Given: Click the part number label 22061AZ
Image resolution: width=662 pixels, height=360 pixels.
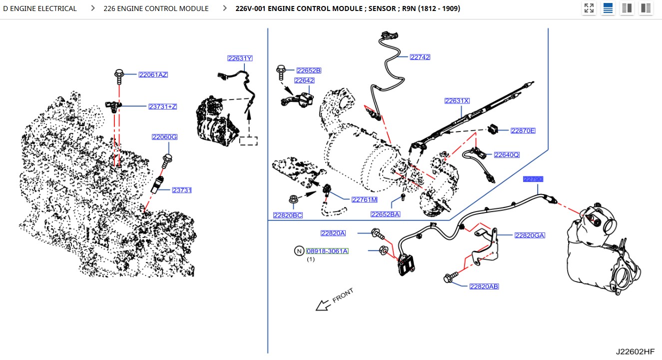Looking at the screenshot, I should (x=153, y=75).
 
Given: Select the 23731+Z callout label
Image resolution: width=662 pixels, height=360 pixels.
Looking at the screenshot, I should (x=162, y=106).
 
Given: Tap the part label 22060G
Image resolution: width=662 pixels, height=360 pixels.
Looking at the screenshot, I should (x=164, y=137).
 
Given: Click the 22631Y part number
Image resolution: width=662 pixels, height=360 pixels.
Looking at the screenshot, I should (x=240, y=58).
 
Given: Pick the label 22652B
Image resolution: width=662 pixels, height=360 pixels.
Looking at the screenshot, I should (x=308, y=70).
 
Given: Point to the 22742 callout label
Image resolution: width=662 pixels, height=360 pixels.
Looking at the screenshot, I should (x=420, y=57).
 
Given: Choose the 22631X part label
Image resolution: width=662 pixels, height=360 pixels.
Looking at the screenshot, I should (x=457, y=101).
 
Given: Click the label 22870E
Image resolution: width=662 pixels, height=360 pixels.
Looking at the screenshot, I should (x=523, y=131).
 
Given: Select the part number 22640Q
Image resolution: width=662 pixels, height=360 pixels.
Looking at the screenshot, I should (x=506, y=155).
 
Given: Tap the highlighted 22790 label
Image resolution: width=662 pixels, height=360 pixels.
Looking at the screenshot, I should (x=533, y=179).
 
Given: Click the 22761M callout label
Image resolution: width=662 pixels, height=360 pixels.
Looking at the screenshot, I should (x=364, y=199).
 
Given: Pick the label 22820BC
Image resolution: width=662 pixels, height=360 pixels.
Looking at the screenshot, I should (x=287, y=215).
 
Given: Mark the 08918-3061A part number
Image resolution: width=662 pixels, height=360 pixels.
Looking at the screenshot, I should (x=327, y=251).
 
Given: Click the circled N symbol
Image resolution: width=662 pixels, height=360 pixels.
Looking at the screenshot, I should (x=299, y=251).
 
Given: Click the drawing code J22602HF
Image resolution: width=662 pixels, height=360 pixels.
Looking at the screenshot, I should (x=635, y=351).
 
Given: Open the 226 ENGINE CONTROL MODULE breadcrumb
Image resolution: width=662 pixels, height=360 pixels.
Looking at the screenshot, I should (x=156, y=8).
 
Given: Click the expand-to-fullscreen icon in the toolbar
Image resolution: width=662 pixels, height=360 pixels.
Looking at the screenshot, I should (x=589, y=8).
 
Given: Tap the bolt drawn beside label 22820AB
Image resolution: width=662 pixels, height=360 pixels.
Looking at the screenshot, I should (x=449, y=277).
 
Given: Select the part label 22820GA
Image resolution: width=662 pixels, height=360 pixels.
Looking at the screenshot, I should (x=530, y=235).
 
